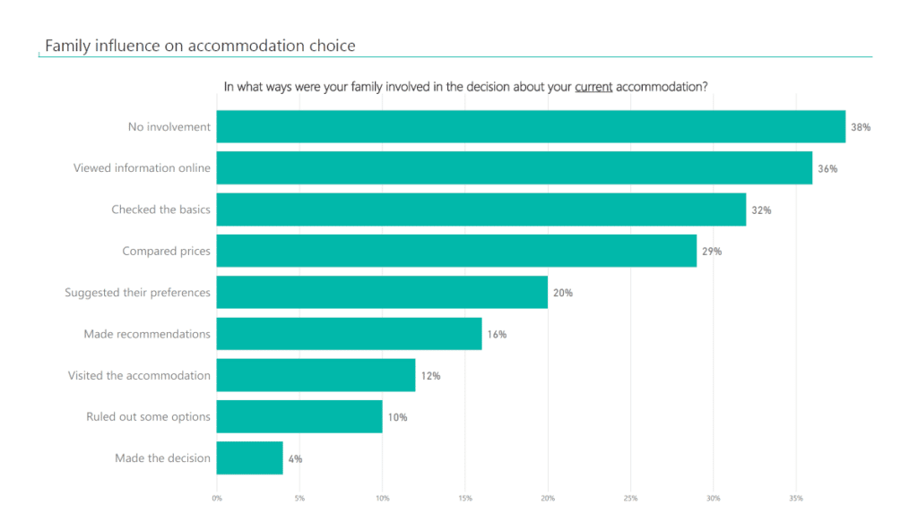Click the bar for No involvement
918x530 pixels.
(531, 127)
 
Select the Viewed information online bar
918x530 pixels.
(514, 168)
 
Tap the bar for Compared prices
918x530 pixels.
(456, 251)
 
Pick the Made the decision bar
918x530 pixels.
(249, 458)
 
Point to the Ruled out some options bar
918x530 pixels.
(299, 417)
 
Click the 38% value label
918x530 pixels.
(861, 127)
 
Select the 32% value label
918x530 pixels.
(761, 210)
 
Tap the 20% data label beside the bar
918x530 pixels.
(563, 293)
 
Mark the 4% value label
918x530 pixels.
(295, 458)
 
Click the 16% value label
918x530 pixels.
(497, 334)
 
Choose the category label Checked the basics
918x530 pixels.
(160, 209)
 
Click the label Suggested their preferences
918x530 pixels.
(137, 293)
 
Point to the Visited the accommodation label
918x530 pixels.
(139, 375)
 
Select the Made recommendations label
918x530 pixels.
(147, 334)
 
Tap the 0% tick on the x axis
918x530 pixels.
(217, 498)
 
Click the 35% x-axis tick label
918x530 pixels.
(796, 498)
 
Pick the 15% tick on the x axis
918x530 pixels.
(465, 498)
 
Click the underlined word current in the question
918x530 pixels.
(593, 87)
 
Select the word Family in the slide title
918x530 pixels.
(65, 46)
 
